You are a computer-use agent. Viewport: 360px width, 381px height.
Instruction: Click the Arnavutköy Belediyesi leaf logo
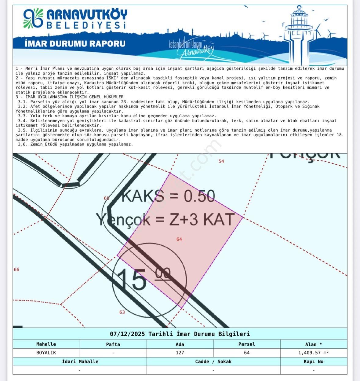33,18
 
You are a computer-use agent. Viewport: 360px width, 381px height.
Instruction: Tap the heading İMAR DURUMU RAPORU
75,44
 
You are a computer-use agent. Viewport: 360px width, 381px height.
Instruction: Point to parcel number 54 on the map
221,161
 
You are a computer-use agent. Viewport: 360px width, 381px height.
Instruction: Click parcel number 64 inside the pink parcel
179,239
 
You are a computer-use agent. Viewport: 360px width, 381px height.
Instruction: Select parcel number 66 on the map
16,269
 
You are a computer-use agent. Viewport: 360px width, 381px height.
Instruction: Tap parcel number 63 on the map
122,312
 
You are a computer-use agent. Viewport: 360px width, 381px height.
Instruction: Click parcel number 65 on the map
106,198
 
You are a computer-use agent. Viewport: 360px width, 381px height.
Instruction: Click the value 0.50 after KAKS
199,196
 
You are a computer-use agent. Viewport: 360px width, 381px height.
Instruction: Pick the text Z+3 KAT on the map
202,219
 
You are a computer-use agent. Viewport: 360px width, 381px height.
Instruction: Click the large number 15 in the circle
132,279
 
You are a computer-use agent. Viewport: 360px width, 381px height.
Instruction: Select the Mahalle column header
46,344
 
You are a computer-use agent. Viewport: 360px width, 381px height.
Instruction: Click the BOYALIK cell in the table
46,353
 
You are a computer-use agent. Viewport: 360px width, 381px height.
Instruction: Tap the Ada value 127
180,353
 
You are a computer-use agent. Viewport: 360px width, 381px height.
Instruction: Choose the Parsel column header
246,344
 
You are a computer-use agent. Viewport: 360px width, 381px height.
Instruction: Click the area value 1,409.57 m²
313,353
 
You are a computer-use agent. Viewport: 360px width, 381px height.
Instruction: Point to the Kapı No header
313,361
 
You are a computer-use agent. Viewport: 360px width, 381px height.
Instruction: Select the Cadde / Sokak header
213,361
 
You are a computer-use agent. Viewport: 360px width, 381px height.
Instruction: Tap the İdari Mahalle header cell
80,361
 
